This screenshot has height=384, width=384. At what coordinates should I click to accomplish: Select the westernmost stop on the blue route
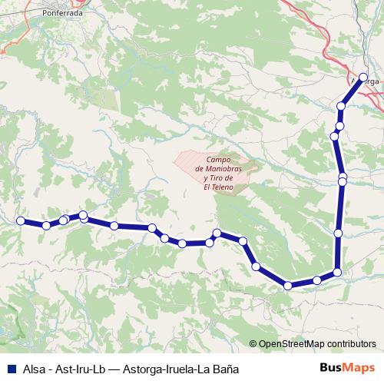pyautogui.click(x=21, y=220)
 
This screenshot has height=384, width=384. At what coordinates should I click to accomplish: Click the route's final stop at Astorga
pyautogui.click(x=363, y=77)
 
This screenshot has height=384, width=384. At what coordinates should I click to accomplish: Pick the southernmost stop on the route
pyautogui.click(x=288, y=286)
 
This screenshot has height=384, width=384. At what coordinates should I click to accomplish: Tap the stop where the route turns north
pyautogui.click(x=336, y=272)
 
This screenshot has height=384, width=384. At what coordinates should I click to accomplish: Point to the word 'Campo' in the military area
pyautogui.click(x=218, y=160)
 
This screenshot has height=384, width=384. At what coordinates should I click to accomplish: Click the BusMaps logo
pyautogui.click(x=346, y=369)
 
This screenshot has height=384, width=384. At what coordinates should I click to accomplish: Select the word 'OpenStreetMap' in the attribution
pyautogui.click(x=291, y=344)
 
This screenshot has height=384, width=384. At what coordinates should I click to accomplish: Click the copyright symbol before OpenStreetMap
pyautogui.click(x=253, y=344)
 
